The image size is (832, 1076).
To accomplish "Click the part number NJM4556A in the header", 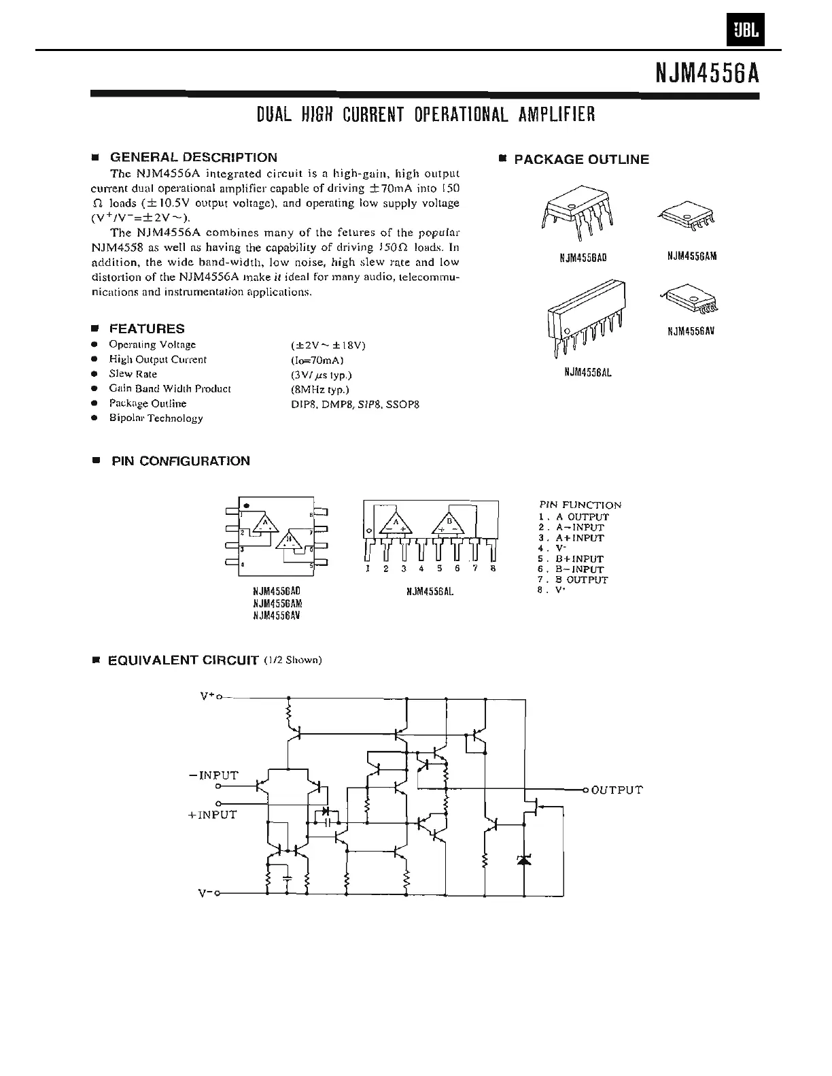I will pyautogui.click(x=707, y=72).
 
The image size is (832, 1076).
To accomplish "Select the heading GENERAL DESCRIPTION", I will pyautogui.click(x=193, y=158).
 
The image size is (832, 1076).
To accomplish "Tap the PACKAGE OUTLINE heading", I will pyautogui.click(x=581, y=160).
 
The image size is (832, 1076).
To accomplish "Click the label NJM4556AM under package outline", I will pyautogui.click(x=692, y=256).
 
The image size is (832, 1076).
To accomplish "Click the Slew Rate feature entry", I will pyautogui.click(x=133, y=374).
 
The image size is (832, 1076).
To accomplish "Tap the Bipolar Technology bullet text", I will pyautogui.click(x=156, y=418).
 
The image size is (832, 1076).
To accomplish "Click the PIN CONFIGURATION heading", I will pyautogui.click(x=180, y=461).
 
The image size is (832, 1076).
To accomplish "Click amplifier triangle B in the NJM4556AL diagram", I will pyautogui.click(x=449, y=524).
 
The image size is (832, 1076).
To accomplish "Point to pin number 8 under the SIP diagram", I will pyautogui.click(x=493, y=569).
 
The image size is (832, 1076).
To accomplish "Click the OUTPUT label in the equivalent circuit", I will pyautogui.click(x=617, y=790).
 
